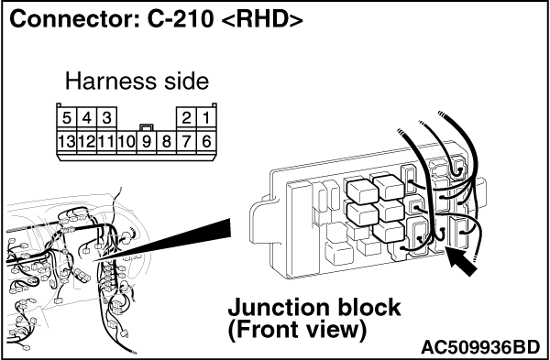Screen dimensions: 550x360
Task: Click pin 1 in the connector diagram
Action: (x=206, y=117)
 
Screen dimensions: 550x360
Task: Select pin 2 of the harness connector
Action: (x=187, y=117)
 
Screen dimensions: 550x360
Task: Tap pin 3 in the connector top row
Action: (x=106, y=117)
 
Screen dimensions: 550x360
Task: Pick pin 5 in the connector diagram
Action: (x=67, y=117)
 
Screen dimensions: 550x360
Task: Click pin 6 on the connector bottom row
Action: (x=206, y=142)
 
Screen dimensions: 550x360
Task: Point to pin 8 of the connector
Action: (x=167, y=142)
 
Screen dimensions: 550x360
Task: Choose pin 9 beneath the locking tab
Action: (x=147, y=142)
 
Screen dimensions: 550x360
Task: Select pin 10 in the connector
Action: (x=126, y=142)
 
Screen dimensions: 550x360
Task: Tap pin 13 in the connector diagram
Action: (x=67, y=142)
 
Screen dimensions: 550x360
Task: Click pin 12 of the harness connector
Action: (x=87, y=142)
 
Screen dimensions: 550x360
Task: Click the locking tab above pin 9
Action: (x=147, y=127)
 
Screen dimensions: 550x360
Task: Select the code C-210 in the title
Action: (x=180, y=19)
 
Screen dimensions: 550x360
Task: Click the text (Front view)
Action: (x=297, y=331)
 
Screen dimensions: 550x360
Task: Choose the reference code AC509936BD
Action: (x=480, y=348)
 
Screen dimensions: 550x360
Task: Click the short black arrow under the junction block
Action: (x=461, y=261)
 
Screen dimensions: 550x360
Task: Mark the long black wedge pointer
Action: (x=162, y=241)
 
